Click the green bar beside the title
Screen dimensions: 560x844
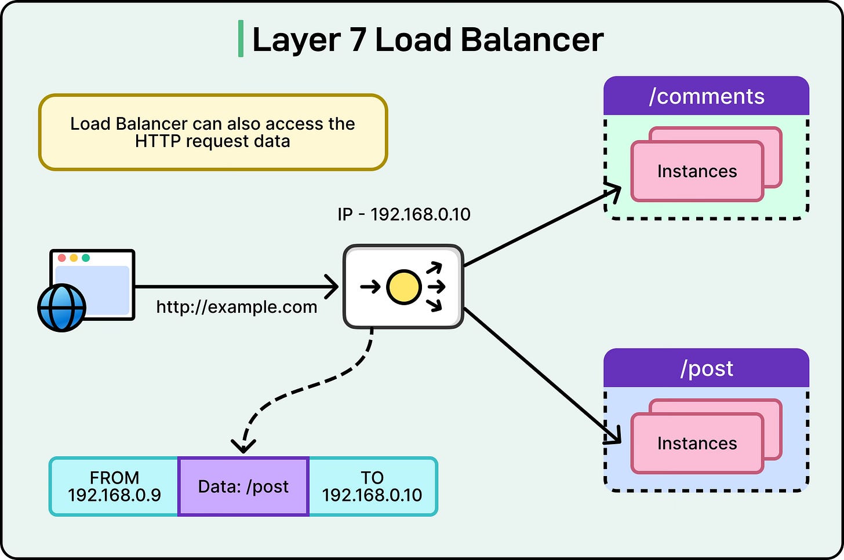(241, 39)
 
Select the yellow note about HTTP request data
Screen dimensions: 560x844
(213, 133)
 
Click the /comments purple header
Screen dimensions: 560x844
(706, 96)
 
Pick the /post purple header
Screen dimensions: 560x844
(706, 368)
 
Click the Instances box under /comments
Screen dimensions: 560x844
(697, 171)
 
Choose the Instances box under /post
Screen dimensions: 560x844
(697, 444)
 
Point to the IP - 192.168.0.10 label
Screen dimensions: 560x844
(404, 214)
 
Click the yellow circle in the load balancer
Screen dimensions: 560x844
(403, 287)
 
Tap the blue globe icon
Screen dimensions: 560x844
(61, 307)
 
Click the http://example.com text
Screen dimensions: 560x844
(237, 307)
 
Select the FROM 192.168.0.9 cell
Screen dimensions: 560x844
(114, 486)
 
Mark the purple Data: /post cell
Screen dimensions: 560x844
(243, 486)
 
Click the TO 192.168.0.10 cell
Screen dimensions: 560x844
(372, 486)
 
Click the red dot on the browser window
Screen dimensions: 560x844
(62, 258)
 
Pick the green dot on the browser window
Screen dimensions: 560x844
(86, 258)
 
